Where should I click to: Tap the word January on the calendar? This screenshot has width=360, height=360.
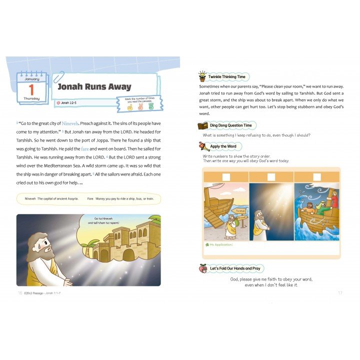(x=31, y=78)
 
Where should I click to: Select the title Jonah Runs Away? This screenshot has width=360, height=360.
(x=94, y=86)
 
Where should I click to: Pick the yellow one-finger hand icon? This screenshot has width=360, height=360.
(x=129, y=106)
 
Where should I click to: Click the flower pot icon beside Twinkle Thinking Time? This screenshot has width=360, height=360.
(x=202, y=77)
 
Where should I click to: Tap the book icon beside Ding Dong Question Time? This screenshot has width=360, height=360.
(x=202, y=125)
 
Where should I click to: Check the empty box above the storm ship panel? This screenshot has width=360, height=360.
(x=317, y=176)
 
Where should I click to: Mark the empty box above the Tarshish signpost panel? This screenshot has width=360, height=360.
(x=226, y=176)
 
